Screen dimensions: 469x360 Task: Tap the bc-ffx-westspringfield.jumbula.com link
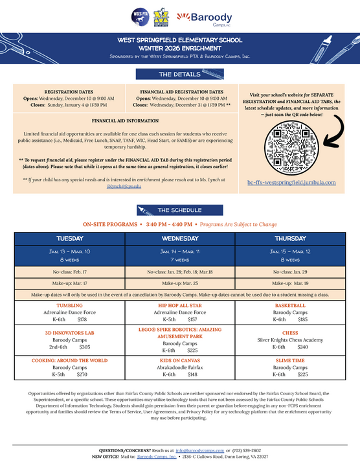[291, 183]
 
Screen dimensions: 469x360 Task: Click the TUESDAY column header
[69, 238]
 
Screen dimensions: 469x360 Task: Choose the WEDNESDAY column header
[180, 238]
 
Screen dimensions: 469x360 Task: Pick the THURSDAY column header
[290, 238]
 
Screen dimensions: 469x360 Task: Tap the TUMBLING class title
[69, 304]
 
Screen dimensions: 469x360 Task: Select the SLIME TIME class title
[290, 360]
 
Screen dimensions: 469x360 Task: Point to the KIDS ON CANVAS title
[180, 360]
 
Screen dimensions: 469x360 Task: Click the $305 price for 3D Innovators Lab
[85, 347]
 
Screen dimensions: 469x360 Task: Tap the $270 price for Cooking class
[82, 374]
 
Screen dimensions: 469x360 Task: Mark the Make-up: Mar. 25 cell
[180, 283]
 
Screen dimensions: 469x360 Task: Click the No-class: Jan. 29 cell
[290, 272]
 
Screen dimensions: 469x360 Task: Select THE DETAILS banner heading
[179, 74]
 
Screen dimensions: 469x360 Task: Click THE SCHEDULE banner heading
[179, 210]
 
